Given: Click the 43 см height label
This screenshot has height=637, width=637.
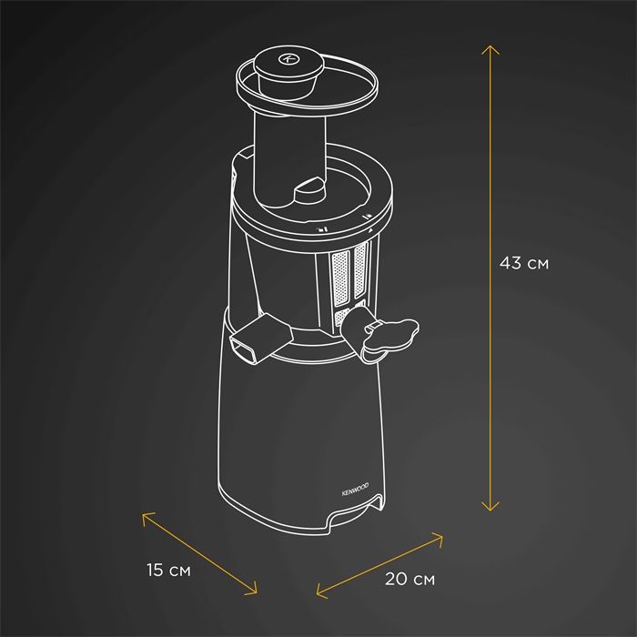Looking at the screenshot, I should click(524, 263).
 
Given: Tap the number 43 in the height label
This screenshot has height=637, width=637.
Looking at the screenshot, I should click(511, 263).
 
